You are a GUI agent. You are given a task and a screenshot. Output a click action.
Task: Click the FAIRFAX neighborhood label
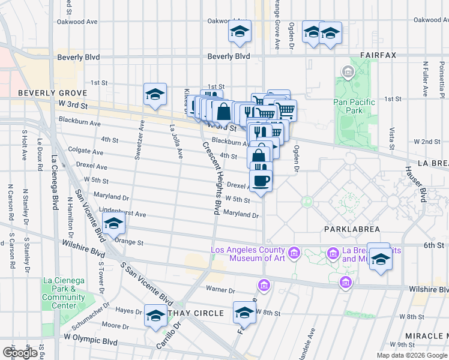point(378,55)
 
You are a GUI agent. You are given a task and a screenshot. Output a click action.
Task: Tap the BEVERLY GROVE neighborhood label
point(53,93)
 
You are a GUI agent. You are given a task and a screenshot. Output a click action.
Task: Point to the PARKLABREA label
point(349,229)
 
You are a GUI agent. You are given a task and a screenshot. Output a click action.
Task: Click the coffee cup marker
point(261,180)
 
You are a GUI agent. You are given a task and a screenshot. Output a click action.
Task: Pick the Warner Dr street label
point(219,290)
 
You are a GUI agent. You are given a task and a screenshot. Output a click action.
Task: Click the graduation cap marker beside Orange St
point(113,225)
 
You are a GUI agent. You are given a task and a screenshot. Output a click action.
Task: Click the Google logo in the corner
point(20,353)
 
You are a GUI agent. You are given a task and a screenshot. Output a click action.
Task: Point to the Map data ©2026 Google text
point(411,355)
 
